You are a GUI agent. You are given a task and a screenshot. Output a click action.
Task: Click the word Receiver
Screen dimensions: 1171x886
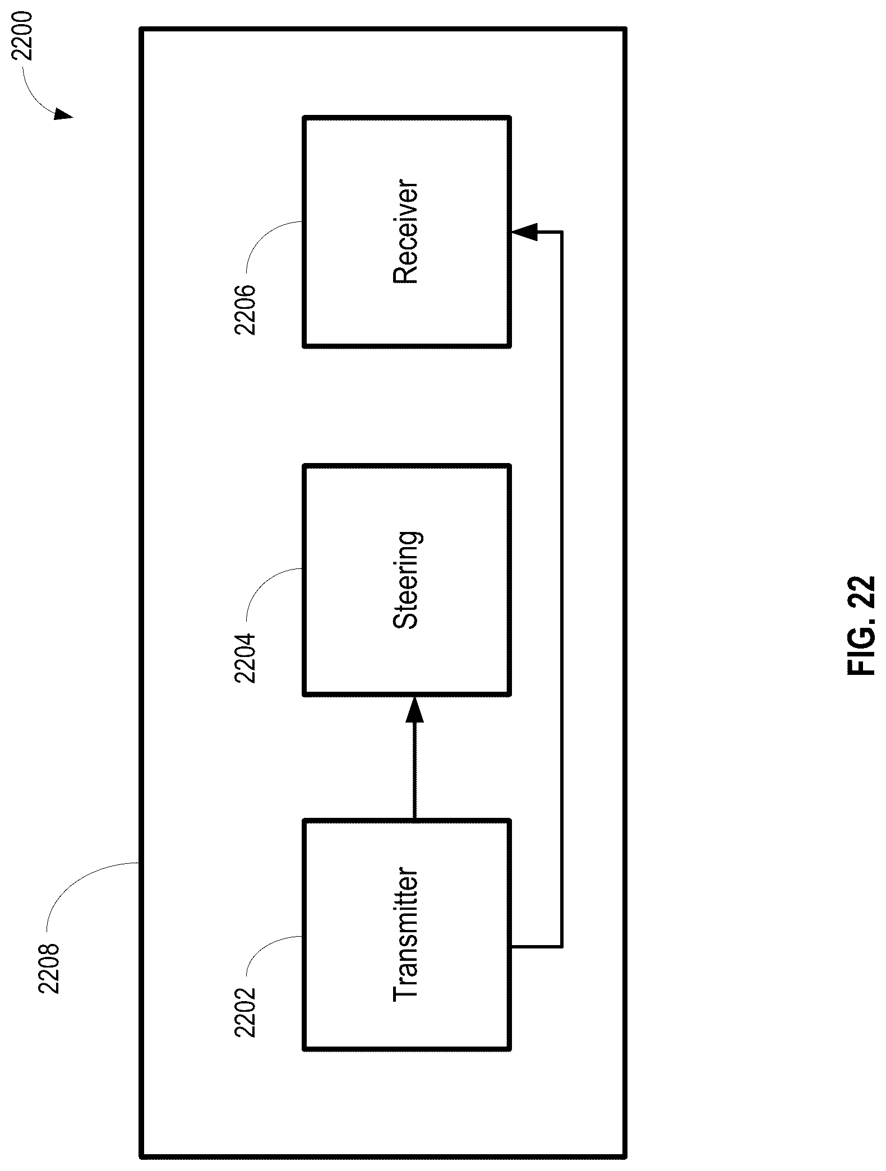pyautogui.click(x=406, y=232)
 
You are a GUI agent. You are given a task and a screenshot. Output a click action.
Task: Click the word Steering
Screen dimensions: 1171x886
pyautogui.click(x=406, y=580)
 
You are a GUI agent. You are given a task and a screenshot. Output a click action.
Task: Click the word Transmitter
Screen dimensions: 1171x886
pyautogui.click(x=406, y=934)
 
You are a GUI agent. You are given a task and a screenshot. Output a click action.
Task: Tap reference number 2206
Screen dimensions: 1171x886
pyautogui.click(x=245, y=310)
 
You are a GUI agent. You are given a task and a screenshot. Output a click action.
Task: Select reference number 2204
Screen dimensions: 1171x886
pyautogui.click(x=245, y=658)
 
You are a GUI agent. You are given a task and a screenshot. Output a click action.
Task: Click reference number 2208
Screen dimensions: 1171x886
pyautogui.click(x=49, y=969)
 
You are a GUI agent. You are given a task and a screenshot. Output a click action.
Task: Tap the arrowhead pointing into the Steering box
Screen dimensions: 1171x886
pyautogui.click(x=414, y=709)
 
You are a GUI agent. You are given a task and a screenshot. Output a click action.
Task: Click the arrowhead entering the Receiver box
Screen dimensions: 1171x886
pyautogui.click(x=524, y=232)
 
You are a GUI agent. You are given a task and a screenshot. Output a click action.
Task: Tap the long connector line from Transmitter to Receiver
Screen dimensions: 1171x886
pyautogui.click(x=562, y=589)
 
